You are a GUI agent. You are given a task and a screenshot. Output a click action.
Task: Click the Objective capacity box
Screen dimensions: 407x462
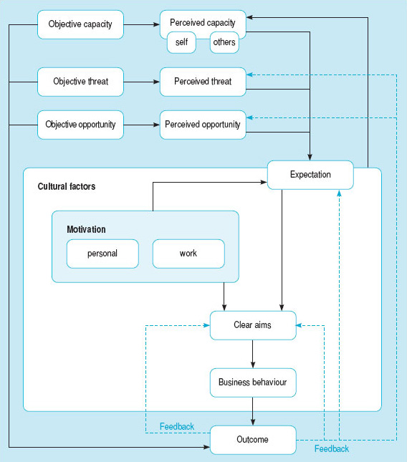(x=80, y=24)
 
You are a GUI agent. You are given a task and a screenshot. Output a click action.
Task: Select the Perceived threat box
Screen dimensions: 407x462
(x=203, y=82)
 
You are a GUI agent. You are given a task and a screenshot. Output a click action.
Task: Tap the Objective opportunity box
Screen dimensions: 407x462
(x=80, y=125)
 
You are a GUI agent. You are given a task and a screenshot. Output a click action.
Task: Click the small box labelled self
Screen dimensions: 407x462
(x=181, y=42)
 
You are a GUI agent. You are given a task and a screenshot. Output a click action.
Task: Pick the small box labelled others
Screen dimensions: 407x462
(x=224, y=42)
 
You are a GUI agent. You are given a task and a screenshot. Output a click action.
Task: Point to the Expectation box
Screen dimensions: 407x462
(x=310, y=175)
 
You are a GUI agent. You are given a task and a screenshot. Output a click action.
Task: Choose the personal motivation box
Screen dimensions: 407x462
(x=102, y=254)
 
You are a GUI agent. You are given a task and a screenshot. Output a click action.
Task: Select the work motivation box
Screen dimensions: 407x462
(x=188, y=254)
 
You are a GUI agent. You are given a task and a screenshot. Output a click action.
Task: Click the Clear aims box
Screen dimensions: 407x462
(x=253, y=325)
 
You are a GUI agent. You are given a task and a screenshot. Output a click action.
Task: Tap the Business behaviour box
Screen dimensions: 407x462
(x=253, y=382)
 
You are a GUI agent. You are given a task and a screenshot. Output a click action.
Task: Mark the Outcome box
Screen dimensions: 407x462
(x=253, y=440)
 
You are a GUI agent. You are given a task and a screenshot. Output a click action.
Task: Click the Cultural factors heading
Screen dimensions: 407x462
(x=67, y=186)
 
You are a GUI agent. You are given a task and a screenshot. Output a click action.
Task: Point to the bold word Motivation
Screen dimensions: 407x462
(x=86, y=229)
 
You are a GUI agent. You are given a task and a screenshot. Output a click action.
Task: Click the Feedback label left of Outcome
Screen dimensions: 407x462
(x=177, y=426)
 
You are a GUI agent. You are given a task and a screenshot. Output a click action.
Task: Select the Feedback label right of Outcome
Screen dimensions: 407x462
(x=332, y=448)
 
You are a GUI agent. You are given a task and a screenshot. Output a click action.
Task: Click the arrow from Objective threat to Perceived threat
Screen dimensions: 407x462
(x=142, y=82)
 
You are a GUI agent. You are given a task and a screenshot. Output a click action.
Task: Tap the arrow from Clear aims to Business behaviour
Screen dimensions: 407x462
(x=253, y=354)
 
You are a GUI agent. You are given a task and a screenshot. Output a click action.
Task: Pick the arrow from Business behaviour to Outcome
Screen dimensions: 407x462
(x=253, y=411)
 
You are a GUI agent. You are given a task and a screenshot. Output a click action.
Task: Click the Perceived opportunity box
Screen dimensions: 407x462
(x=203, y=125)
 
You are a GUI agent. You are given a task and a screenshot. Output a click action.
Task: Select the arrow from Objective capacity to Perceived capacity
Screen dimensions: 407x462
(x=142, y=24)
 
